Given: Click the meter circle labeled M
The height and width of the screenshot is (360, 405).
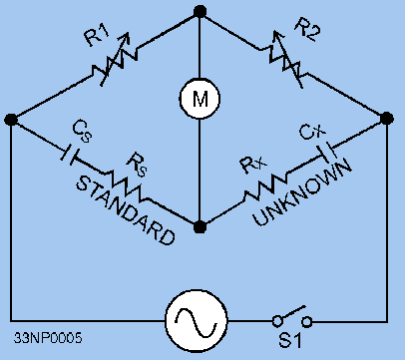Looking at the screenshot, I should [x=200, y=97].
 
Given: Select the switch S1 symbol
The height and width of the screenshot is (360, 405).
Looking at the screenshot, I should [x=293, y=321].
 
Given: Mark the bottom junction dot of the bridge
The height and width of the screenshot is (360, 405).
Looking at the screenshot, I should [x=200, y=226].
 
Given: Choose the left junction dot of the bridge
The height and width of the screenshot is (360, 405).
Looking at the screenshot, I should [x=11, y=120].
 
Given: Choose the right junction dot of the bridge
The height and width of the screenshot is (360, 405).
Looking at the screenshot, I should [x=386, y=120].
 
